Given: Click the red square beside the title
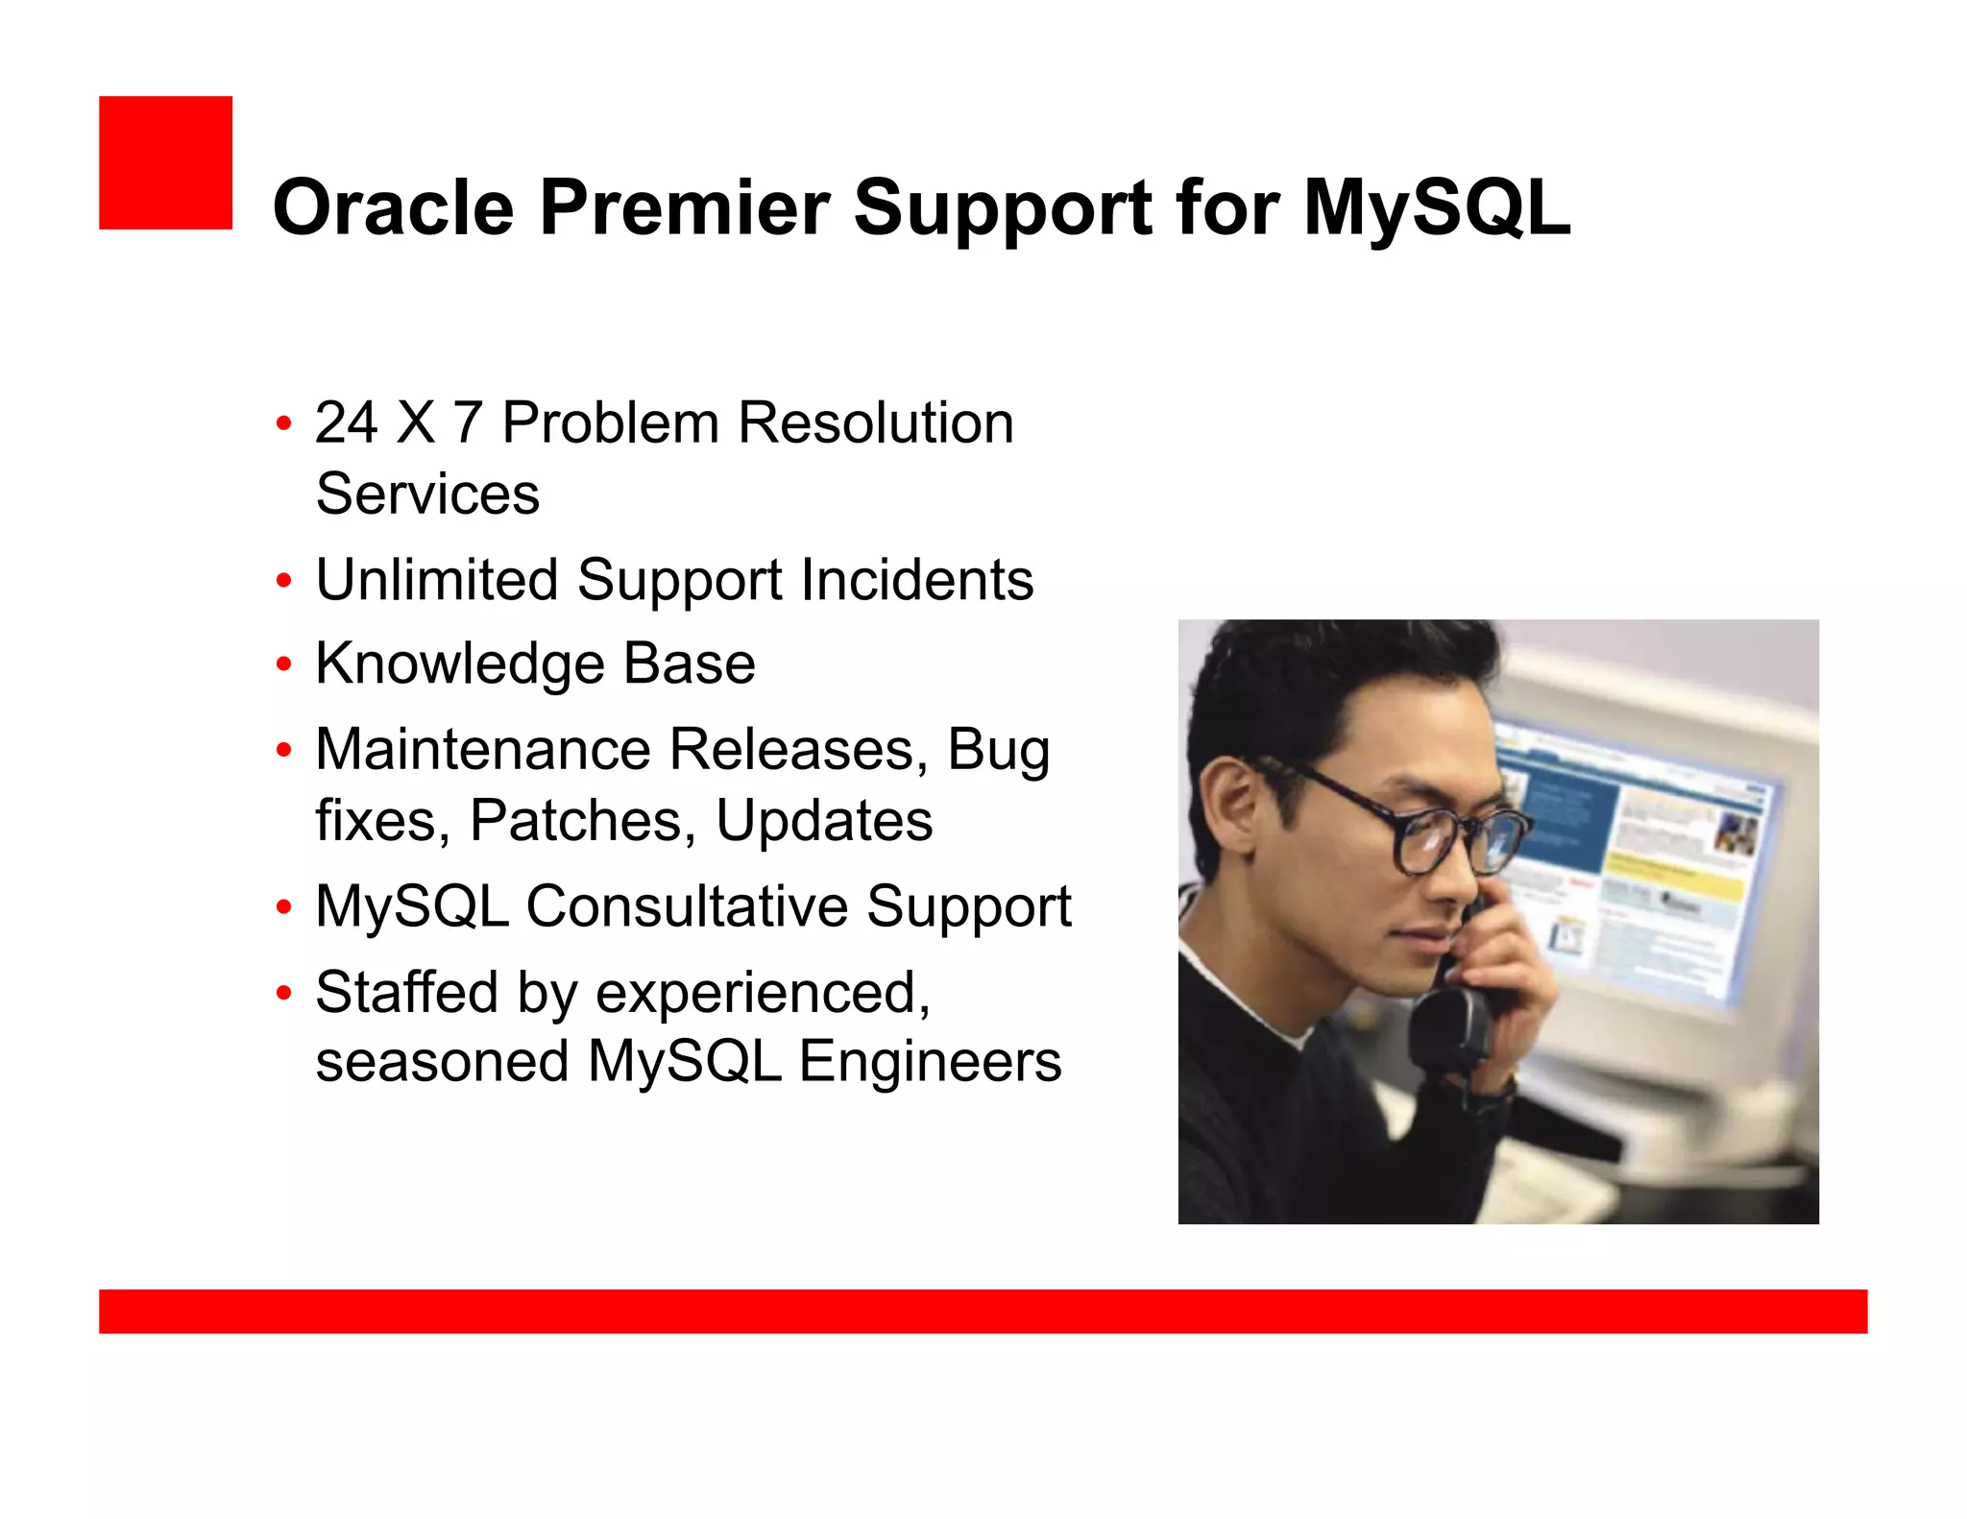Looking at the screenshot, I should tap(165, 162).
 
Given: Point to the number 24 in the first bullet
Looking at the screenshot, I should tap(346, 422).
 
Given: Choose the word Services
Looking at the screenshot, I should tap(427, 494).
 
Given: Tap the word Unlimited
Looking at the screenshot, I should tap(437, 580).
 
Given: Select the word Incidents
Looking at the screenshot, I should tap(916, 580).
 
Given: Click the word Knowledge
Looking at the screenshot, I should tap(460, 664).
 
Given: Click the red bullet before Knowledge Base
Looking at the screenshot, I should tap(283, 664).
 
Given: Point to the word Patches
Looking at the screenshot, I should tap(582, 821).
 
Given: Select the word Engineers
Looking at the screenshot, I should tap(930, 1062).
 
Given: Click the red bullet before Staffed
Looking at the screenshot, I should tap(283, 993).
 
